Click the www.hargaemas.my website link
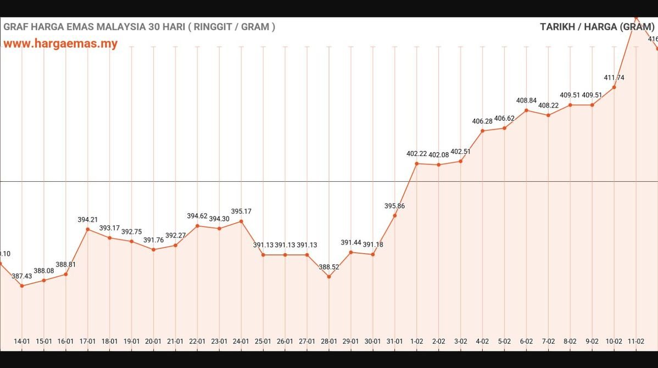pos(60,44)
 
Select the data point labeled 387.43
pos(22,286)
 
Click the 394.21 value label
pos(88,220)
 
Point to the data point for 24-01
pos(241,221)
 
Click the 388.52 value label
pos(329,267)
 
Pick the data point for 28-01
pos(329,277)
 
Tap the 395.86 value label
pos(395,206)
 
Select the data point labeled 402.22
pos(417,164)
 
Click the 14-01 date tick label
pos(22,341)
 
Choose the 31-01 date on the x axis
pos(395,341)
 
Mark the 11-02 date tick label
pos(636,341)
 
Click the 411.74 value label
pos(614,78)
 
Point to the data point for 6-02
pos(526,110)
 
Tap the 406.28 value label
pos(482,121)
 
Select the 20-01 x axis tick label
pos(153,341)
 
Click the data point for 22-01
pos(197,226)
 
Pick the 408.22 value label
pos(548,105)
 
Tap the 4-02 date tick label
pos(482,341)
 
